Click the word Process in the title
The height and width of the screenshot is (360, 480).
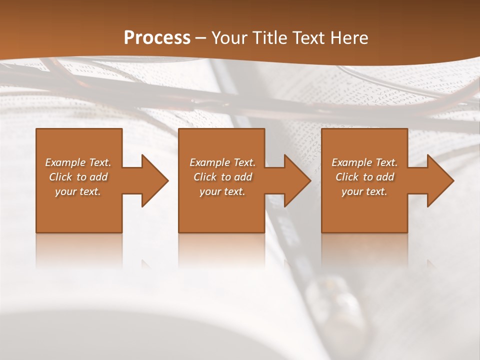click(x=157, y=38)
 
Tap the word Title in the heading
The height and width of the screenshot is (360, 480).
click(x=268, y=38)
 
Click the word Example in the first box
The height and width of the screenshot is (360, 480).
click(x=65, y=162)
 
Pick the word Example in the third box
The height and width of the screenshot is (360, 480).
click(x=351, y=162)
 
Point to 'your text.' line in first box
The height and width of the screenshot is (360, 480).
click(x=78, y=191)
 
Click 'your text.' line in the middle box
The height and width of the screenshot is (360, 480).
click(x=222, y=191)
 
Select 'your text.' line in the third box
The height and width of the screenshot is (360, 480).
click(x=364, y=191)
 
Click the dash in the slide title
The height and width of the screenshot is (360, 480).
click(x=201, y=38)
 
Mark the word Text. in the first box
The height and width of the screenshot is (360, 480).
click(x=99, y=162)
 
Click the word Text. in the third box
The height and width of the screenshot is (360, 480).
click(x=386, y=162)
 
